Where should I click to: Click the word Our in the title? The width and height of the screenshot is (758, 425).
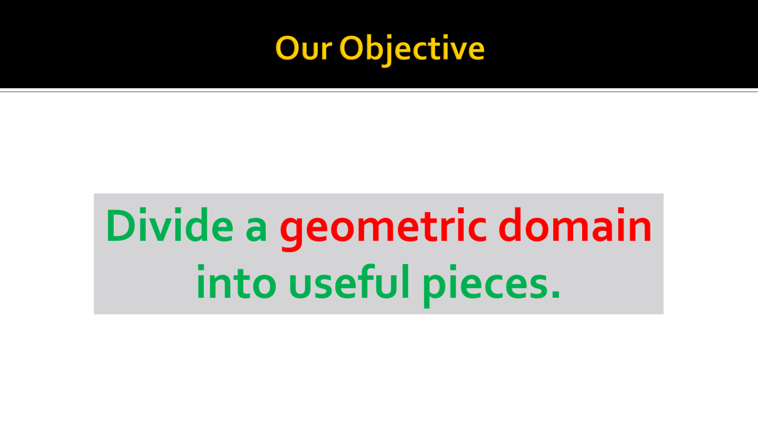303,49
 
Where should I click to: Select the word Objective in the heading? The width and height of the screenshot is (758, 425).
412,50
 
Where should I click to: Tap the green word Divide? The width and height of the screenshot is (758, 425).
169,225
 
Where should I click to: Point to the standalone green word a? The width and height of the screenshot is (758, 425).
256,230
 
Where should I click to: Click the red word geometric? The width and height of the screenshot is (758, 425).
383,229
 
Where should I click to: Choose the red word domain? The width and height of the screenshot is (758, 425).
575,225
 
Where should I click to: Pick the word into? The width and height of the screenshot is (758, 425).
236,282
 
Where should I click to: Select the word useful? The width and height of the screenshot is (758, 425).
349,282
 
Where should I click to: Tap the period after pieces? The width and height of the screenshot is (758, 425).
555,294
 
